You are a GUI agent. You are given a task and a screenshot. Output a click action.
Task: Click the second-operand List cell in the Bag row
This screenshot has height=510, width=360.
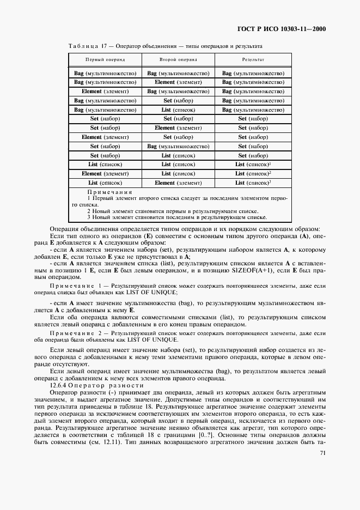click(178, 109)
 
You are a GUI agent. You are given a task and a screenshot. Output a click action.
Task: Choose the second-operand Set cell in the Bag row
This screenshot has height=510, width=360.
click(178, 100)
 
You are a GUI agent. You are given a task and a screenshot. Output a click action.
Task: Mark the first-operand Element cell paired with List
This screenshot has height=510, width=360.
click(105, 173)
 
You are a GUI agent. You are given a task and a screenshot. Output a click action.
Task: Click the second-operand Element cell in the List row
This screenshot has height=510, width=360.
click(178, 183)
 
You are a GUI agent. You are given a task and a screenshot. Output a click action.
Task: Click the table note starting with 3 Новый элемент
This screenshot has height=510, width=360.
click(173, 217)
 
